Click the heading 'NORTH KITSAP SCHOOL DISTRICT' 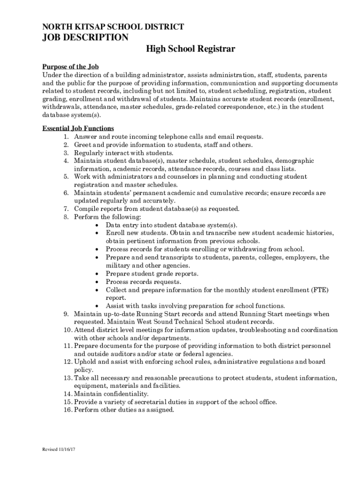pyautogui.click(x=113, y=27)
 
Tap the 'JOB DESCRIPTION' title pyautogui.click(x=85, y=37)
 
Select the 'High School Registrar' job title pyautogui.click(x=190, y=49)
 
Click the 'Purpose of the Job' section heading pyautogui.click(x=71, y=67)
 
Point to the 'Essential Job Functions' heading pyautogui.click(x=78, y=129)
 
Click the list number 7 pyautogui.click(x=66, y=209)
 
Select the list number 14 pyautogui.click(x=67, y=394)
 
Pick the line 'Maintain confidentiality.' pyautogui.click(x=111, y=394)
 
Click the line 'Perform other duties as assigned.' pyautogui.click(x=124, y=410)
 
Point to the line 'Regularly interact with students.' pyautogui.click(x=124, y=153)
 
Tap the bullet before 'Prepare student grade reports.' pyautogui.click(x=97, y=274)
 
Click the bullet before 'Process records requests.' pyautogui.click(x=97, y=282)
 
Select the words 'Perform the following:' pyautogui.click(x=108, y=217)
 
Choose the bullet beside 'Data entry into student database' pyautogui.click(x=97, y=225)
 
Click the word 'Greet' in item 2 pyautogui.click(x=83, y=145)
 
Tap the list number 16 pyautogui.click(x=67, y=410)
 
